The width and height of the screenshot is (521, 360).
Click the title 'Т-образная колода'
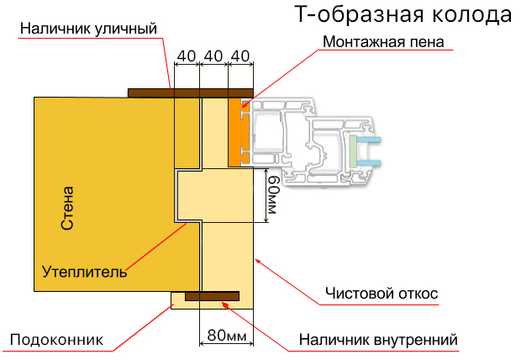point(403,15)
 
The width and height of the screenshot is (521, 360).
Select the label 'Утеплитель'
point(84,272)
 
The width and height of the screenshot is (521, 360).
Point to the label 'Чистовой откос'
point(382,294)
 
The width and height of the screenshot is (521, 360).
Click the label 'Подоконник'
point(56,340)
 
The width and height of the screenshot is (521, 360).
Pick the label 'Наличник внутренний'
point(378,340)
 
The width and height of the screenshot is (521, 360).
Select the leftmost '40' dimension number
point(187,56)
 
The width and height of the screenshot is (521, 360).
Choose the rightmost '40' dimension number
point(240,56)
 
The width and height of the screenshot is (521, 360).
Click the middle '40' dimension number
point(213,56)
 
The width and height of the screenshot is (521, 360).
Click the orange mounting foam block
point(240,131)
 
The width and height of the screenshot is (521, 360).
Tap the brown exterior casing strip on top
point(191,93)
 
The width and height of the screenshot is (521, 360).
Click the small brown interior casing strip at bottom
point(212,295)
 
